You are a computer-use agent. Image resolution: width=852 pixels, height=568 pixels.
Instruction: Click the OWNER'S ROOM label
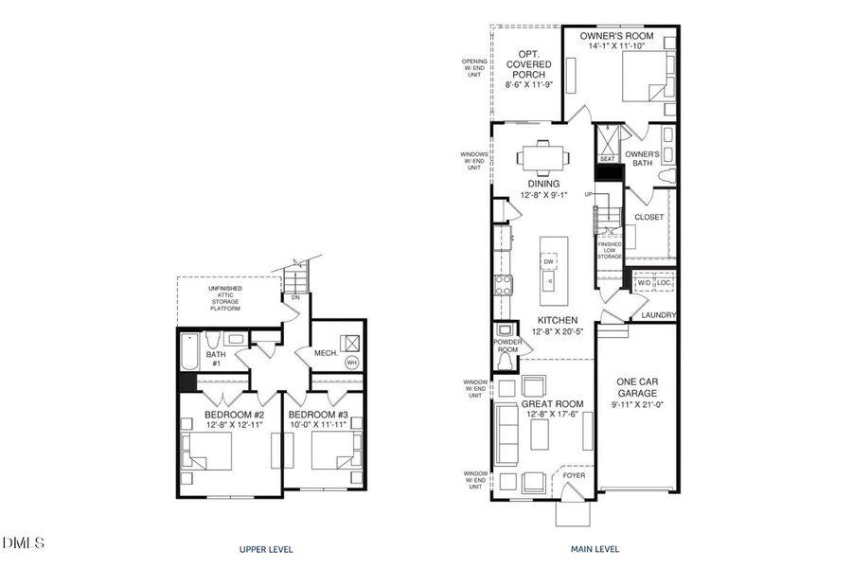[x=616, y=35]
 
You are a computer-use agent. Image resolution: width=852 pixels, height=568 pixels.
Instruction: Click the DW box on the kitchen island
[x=549, y=261]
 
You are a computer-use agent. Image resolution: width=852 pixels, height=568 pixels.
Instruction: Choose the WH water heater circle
[x=351, y=363]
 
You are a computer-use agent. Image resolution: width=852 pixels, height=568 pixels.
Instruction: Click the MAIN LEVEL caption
[x=595, y=549]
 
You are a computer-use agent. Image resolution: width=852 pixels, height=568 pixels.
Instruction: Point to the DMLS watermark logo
[x=24, y=542]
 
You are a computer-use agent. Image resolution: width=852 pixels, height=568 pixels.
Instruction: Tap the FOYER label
[x=574, y=474]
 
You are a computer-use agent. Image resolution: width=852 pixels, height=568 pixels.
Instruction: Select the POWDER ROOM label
[x=506, y=345]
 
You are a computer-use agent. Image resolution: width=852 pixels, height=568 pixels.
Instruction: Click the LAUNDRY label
[x=657, y=314]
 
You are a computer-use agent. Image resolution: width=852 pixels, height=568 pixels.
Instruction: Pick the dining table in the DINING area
[x=544, y=156]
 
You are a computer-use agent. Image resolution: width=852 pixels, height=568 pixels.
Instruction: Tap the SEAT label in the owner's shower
[x=607, y=159]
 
